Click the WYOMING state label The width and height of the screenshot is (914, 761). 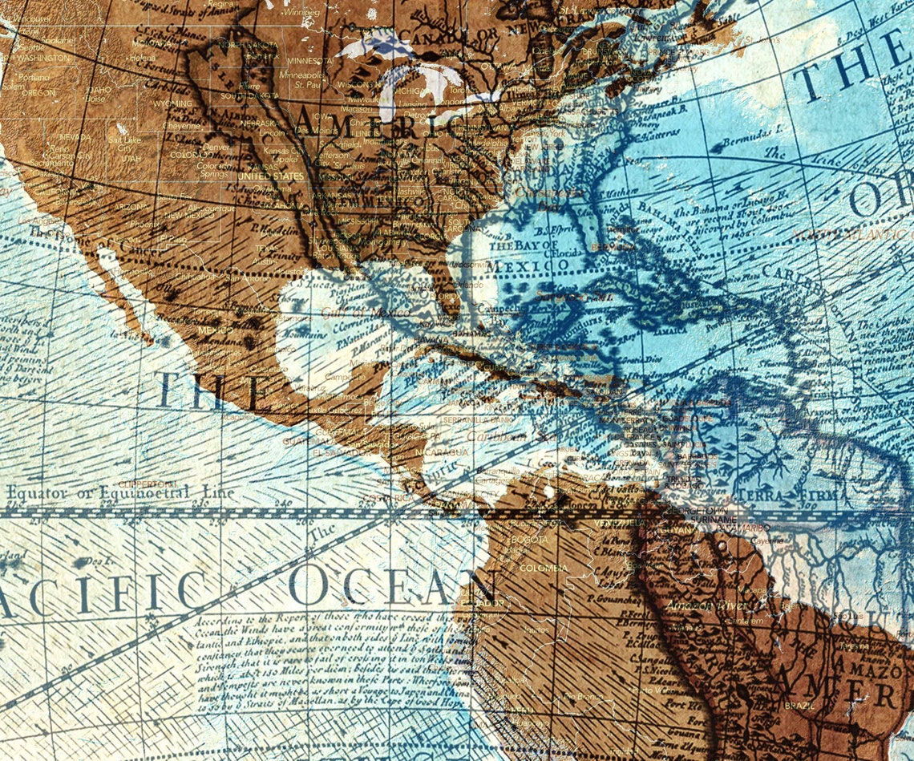(172, 103)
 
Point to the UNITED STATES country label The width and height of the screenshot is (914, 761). (271, 176)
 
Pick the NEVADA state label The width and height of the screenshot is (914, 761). (75, 137)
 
